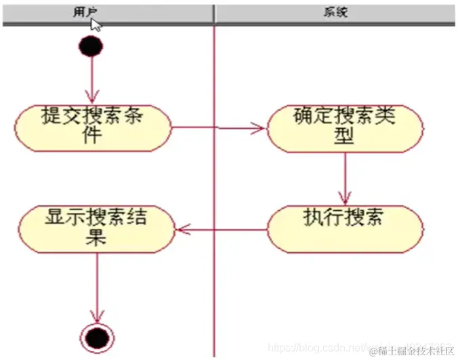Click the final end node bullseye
click(96, 336)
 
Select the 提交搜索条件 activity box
click(93, 126)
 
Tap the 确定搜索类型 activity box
click(344, 126)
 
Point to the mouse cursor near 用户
click(96, 24)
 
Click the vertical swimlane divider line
click(214, 285)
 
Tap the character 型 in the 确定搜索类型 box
click(344, 136)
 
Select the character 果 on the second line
click(97, 237)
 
